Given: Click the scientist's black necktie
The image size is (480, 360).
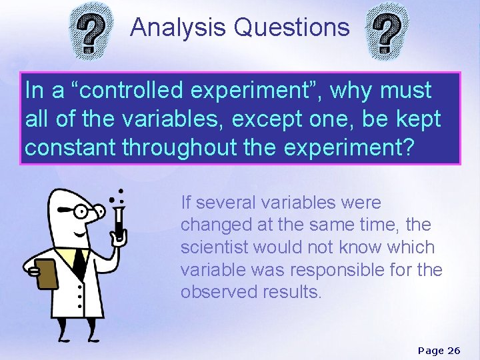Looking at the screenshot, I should [x=79, y=262].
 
